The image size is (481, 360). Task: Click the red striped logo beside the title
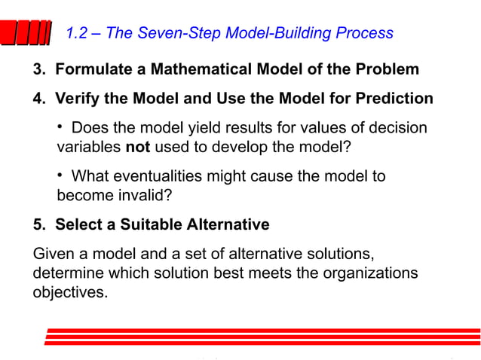click(30, 34)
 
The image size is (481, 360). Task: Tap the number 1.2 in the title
click(79, 33)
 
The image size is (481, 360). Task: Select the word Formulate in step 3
click(88, 70)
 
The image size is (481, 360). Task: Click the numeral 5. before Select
click(39, 224)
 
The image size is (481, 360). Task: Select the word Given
click(54, 253)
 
